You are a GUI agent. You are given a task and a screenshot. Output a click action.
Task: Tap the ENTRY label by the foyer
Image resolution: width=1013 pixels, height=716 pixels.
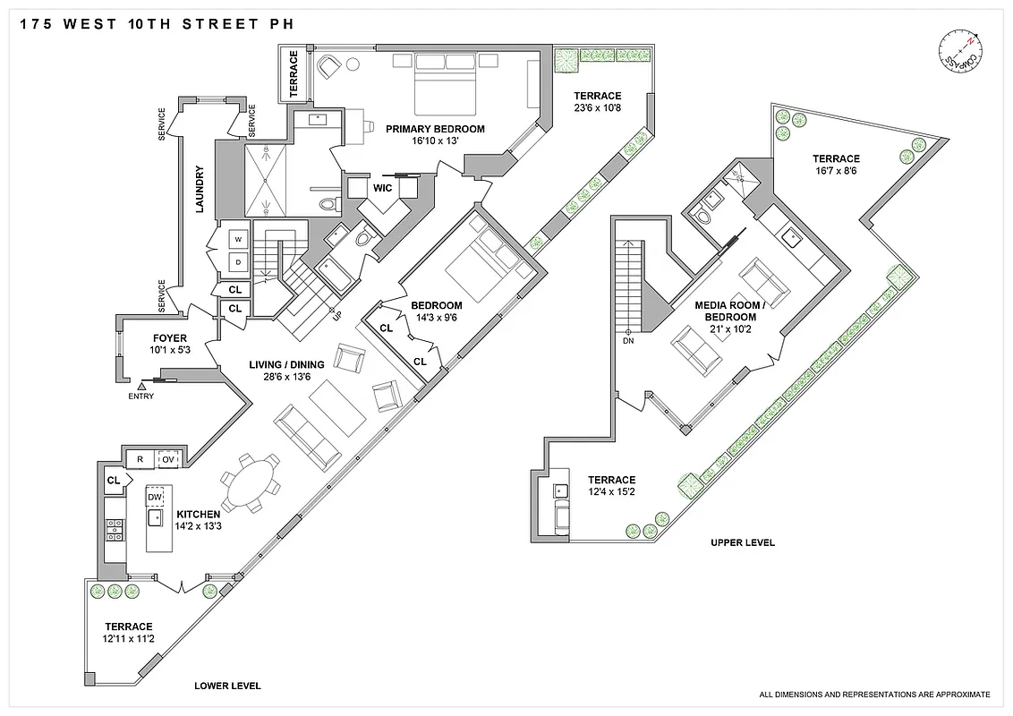point(141,396)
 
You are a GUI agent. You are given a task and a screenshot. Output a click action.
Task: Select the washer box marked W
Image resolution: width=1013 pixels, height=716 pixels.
point(239,240)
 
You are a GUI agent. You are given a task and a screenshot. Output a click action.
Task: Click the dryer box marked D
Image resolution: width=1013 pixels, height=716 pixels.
point(239,262)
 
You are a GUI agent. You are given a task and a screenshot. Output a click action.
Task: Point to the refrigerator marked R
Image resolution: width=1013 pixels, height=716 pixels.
point(140,460)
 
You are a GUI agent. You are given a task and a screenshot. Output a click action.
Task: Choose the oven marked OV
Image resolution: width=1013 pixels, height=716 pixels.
point(167,460)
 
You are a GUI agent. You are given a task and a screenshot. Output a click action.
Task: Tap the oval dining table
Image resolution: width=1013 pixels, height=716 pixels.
point(251,482)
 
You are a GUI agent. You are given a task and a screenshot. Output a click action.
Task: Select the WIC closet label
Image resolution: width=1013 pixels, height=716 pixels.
point(383,189)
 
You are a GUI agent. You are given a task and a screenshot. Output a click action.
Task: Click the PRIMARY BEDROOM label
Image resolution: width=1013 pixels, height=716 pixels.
point(435,129)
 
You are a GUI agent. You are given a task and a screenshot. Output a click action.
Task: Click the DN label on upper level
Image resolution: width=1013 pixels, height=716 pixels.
point(628,341)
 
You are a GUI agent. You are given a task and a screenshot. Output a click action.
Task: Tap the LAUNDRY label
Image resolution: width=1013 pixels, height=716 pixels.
point(200,190)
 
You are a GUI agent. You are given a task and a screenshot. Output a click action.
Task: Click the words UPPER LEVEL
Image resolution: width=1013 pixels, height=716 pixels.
point(742,543)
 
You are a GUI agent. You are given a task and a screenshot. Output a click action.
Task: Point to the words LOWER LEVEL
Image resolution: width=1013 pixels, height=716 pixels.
point(228,686)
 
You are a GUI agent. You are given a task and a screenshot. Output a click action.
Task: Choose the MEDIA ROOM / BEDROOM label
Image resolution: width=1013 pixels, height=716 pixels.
point(730,311)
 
